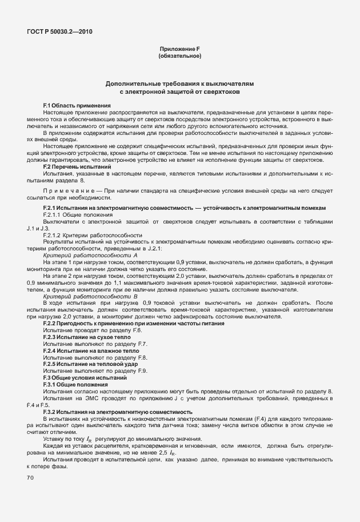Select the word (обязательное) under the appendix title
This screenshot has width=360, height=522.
pos(179,57)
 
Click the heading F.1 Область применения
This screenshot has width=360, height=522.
pos(77,106)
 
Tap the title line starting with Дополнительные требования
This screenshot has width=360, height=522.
pos(179,83)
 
